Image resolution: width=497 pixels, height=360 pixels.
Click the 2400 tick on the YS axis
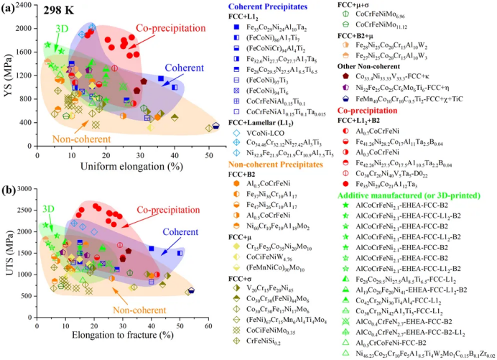pos(27,6)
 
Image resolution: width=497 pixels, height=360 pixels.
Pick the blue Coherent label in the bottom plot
pos(180,232)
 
